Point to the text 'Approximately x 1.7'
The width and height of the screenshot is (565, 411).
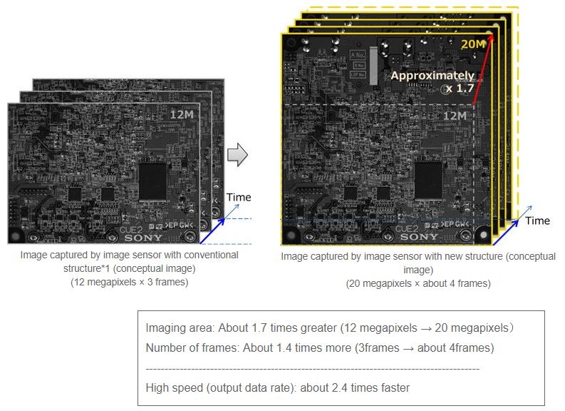(x=432, y=81)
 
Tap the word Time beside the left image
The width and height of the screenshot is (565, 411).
(x=239, y=197)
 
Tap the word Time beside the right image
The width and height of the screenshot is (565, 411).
(x=537, y=220)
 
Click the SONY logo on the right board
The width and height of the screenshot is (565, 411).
(x=424, y=236)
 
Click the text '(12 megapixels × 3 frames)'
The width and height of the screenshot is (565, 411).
(x=129, y=281)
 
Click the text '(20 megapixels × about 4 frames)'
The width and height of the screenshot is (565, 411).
(x=418, y=283)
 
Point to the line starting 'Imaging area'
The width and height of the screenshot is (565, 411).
(x=330, y=329)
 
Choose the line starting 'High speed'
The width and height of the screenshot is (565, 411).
(x=278, y=388)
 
